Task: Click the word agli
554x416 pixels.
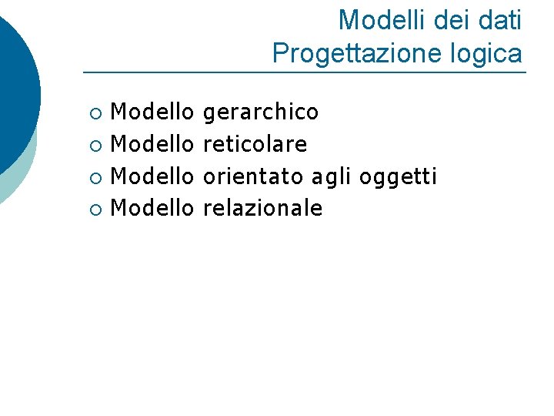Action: [331, 177]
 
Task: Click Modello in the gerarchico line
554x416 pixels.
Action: [152, 113]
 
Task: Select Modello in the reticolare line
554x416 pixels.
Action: [152, 145]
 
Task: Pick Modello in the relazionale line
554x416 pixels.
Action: [152, 208]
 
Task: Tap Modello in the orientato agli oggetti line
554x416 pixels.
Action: [152, 176]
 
